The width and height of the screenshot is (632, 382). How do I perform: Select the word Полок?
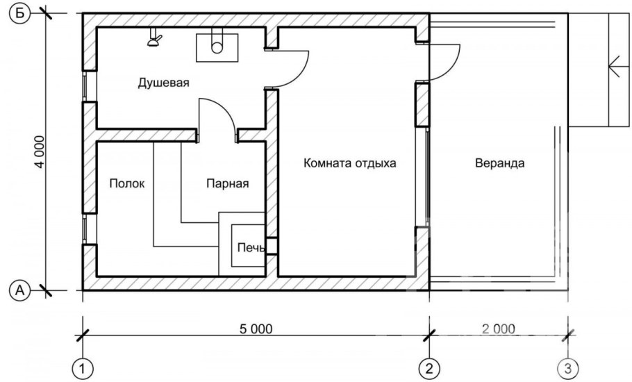[x=127, y=183]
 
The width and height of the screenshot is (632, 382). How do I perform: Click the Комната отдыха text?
[x=349, y=165]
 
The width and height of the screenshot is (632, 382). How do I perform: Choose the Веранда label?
[x=499, y=165]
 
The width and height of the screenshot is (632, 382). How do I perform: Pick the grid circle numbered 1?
[x=83, y=366]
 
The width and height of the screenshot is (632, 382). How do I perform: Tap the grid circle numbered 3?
[x=569, y=366]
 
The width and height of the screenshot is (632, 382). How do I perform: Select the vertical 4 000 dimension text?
[x=39, y=151]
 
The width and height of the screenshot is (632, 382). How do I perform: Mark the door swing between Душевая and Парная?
[x=217, y=115]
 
